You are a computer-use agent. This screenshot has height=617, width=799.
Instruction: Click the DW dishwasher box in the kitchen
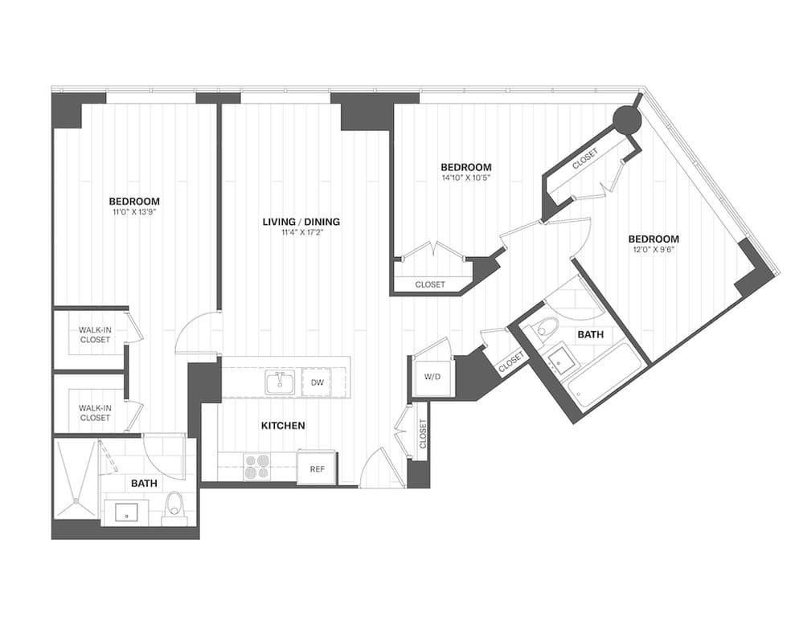[318, 383]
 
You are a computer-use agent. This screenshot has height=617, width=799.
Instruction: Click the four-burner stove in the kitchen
[258, 467]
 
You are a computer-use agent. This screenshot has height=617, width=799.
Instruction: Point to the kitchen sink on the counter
[279, 383]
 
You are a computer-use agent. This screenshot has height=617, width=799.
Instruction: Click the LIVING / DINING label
[301, 222]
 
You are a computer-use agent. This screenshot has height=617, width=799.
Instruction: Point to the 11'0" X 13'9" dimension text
[134, 213]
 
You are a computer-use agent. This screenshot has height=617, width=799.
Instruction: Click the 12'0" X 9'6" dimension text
[653, 250]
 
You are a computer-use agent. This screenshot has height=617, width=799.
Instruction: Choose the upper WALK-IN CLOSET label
[95, 334]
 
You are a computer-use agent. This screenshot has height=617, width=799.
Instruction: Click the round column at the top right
[627, 121]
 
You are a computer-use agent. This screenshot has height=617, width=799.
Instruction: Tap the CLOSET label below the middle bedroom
[430, 284]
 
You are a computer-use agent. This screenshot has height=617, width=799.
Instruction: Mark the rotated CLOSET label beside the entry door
[422, 434]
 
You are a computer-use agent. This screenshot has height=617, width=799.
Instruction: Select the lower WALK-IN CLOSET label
[95, 413]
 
